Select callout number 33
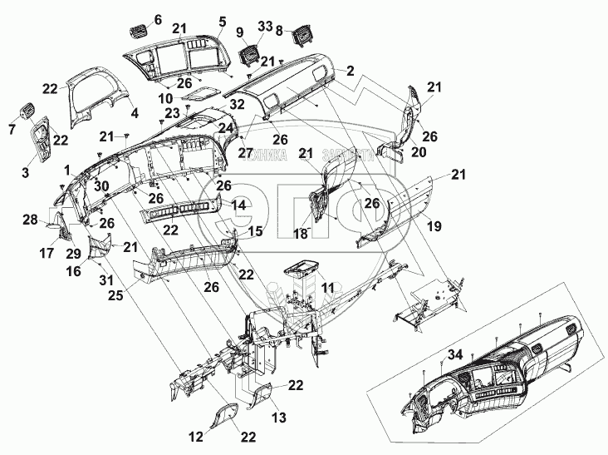point(264,27)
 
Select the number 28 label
point(30,220)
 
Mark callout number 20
point(418,152)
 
